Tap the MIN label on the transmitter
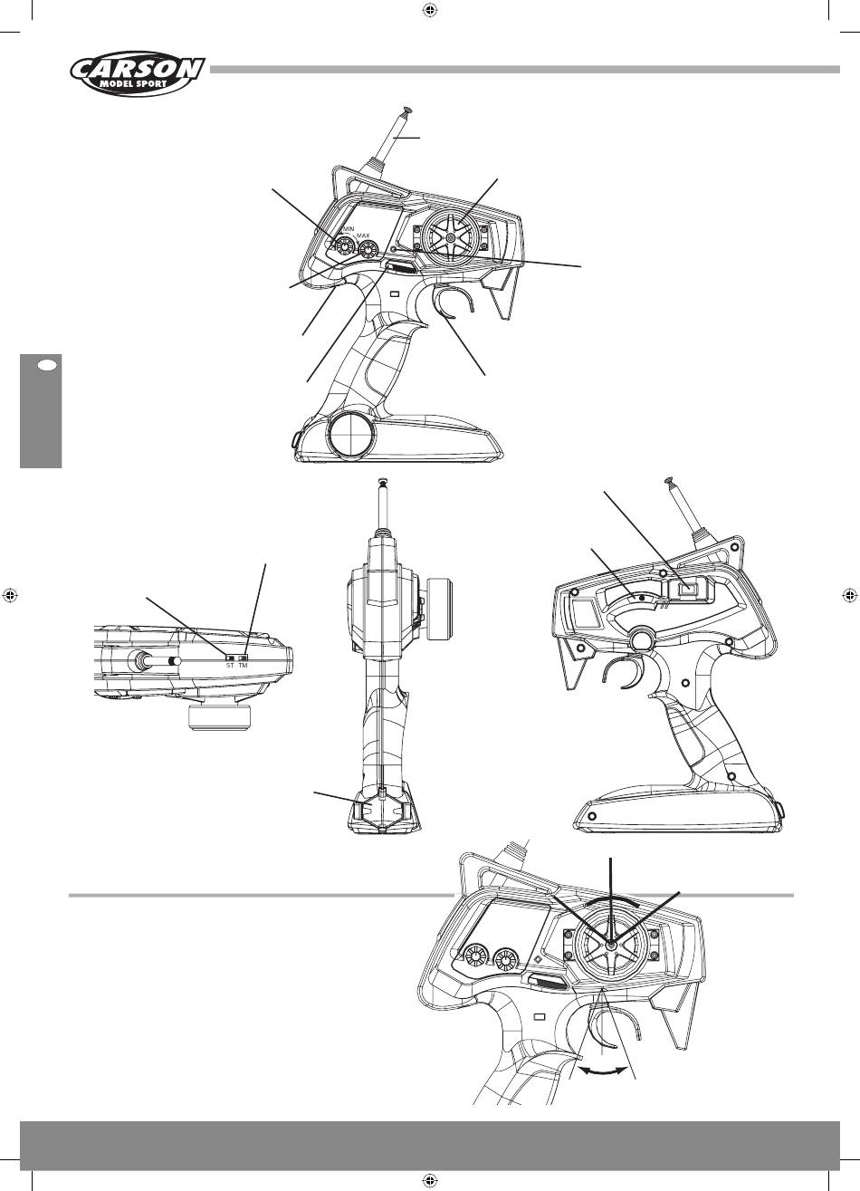click(x=349, y=228)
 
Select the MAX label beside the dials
click(x=363, y=235)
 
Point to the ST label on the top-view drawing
click(x=230, y=665)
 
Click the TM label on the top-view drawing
click(x=244, y=665)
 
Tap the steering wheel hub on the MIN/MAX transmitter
click(x=450, y=238)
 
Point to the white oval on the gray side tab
click(x=47, y=366)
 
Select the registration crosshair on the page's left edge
click(x=9, y=595)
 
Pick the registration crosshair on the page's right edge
click(x=850, y=595)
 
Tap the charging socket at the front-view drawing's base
click(x=383, y=811)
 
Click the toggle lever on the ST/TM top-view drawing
click(x=158, y=660)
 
